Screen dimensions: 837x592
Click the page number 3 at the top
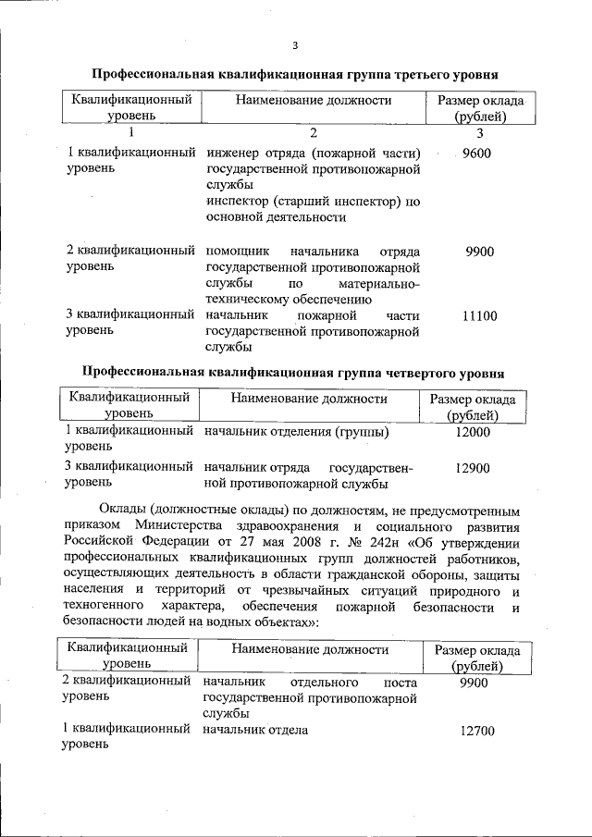click(295, 45)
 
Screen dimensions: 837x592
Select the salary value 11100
click(479, 317)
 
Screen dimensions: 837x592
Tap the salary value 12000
click(473, 432)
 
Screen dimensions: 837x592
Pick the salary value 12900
click(473, 469)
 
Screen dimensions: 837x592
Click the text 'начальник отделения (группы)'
click(296, 432)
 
